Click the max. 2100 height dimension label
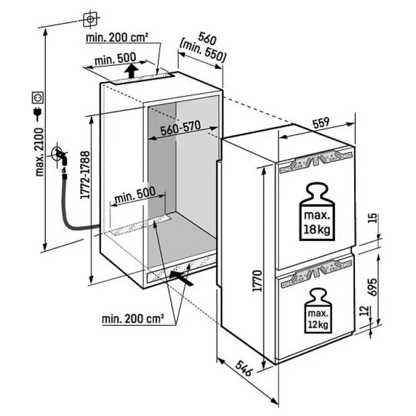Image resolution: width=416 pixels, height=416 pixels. click(39, 152)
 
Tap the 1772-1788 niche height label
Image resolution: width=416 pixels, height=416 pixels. click(86, 175)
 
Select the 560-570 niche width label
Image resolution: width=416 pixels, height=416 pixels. click(181, 128)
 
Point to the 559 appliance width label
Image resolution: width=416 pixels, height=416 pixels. click(321, 123)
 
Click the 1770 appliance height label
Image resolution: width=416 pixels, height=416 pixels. click(257, 281)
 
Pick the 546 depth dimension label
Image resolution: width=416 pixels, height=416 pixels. click(244, 368)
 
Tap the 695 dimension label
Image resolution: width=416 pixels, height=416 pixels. click(372, 287)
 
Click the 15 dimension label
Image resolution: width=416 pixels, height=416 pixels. click(373, 218)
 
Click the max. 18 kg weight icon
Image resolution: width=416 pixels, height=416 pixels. click(317, 211)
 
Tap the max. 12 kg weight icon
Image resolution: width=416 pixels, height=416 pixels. click(318, 311)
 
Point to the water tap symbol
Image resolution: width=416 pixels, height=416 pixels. click(60, 157)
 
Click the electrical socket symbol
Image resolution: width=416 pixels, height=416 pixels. click(38, 98)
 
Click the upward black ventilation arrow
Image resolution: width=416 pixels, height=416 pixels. click(132, 70)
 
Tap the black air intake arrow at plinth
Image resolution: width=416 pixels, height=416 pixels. click(181, 278)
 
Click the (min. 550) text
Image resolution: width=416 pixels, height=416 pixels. click(203, 52)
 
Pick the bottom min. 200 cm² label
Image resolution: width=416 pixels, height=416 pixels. click(133, 318)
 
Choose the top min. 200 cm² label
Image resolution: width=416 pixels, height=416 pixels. click(117, 38)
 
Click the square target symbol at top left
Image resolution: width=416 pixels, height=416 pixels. click(90, 19)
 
